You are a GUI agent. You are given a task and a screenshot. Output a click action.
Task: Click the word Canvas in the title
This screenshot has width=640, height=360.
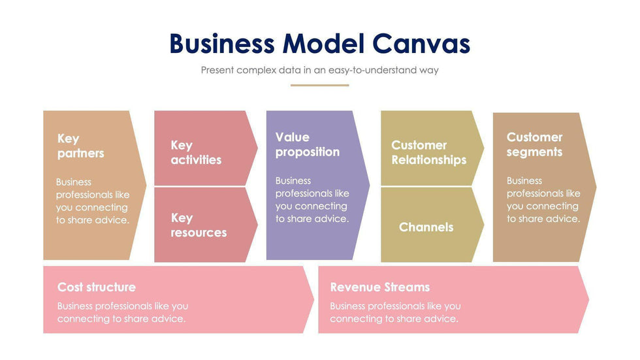coord(421,44)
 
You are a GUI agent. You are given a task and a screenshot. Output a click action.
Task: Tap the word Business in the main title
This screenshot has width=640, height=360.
coord(222,44)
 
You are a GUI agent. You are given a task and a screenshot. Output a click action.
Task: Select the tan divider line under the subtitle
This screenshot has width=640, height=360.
coord(319,85)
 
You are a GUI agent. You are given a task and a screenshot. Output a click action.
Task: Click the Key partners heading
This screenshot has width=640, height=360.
coord(80,146)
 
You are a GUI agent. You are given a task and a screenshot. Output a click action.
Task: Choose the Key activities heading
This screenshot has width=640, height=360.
coord(196,152)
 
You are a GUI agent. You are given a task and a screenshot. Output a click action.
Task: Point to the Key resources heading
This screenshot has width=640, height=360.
coord(199,225)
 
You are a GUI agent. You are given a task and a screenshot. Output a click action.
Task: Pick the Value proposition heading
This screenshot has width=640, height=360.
coord(307,144)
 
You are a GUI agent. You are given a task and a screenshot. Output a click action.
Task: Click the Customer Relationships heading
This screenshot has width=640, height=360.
coord(428,152)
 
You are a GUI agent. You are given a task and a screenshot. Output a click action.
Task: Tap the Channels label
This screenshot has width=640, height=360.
coord(426,227)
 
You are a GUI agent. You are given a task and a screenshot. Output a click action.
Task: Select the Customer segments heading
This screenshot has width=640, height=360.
coord(534,144)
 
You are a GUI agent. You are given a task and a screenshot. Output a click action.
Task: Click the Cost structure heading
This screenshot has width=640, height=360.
coord(97,287)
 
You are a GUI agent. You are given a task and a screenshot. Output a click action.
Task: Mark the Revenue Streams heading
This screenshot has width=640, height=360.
coord(379,287)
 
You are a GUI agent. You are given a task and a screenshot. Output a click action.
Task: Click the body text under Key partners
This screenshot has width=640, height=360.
coord(92,201)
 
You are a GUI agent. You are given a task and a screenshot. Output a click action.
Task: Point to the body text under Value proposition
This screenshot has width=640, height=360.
coord(312,200)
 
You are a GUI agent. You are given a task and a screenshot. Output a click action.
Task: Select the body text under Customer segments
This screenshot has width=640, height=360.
coord(543,200)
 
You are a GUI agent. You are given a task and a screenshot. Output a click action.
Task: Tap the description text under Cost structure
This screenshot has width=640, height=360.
coord(122,312)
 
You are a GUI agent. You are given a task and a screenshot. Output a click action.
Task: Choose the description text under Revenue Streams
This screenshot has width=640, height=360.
coord(395,312)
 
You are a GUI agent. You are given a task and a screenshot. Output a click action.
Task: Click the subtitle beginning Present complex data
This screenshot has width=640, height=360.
coord(319,70)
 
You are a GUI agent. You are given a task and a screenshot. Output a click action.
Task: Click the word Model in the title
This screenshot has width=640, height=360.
coord(323,44)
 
